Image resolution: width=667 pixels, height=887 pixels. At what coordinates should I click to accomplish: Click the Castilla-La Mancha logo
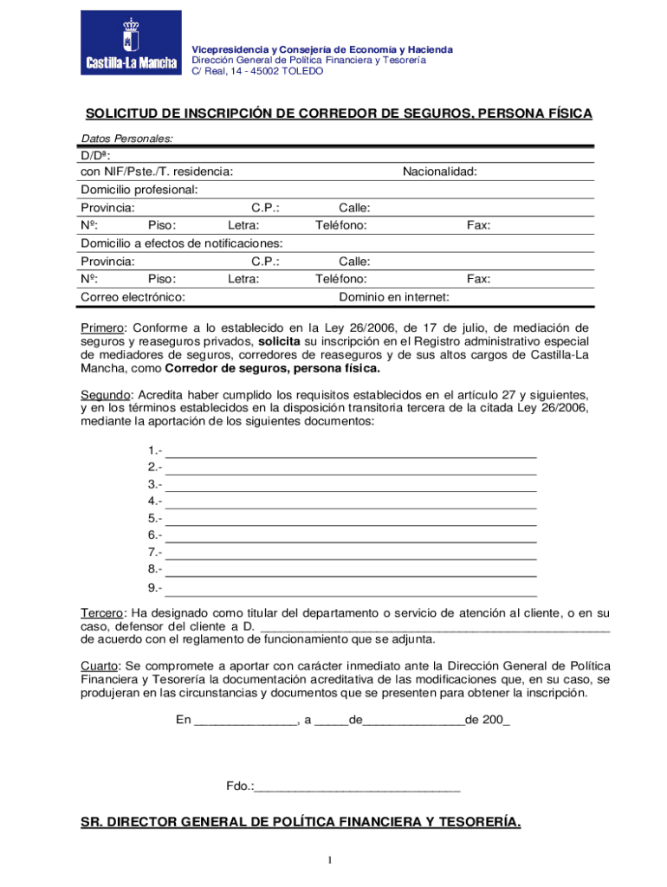coord(131,43)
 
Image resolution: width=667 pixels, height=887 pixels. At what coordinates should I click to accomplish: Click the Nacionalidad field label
coord(439,172)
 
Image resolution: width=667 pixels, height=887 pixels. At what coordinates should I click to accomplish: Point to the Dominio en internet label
coord(393,297)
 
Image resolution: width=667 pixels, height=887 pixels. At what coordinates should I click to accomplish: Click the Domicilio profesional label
coord(139,189)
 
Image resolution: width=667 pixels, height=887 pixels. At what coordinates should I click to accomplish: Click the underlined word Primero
coord(103,327)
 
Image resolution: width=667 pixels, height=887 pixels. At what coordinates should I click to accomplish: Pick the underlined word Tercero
coord(102,613)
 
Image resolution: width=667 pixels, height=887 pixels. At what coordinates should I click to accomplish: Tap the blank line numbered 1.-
coord(350,451)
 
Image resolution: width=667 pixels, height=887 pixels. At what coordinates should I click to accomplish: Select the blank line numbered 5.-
coord(350,519)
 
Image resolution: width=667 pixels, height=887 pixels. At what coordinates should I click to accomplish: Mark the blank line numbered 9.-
coord(350,588)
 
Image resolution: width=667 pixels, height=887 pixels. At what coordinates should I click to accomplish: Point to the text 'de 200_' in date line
coord(487,720)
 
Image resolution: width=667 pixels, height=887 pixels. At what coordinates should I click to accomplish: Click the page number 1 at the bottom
coord(330,859)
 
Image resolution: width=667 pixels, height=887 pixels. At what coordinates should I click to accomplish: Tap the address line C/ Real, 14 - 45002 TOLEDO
coord(257,71)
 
